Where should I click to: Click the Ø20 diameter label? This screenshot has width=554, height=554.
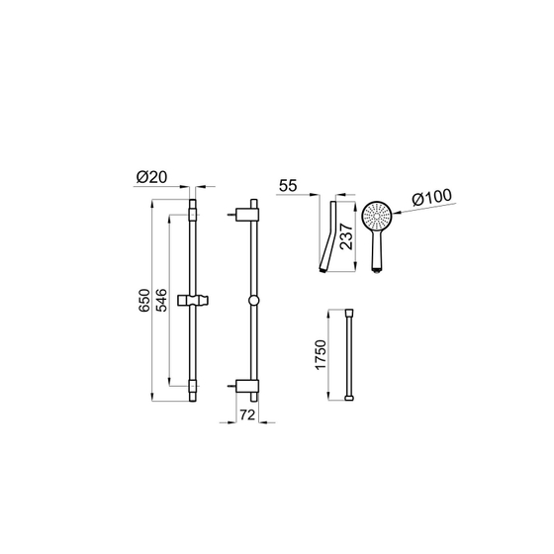pyautogui.click(x=151, y=177)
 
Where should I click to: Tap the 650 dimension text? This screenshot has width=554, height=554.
pyautogui.click(x=144, y=301)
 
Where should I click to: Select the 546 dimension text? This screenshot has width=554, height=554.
pyautogui.click(x=161, y=300)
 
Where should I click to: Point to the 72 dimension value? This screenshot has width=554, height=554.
pyautogui.click(x=247, y=415)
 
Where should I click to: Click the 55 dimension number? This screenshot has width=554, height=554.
pyautogui.click(x=288, y=186)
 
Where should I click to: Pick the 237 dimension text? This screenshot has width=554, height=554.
pyautogui.click(x=346, y=236)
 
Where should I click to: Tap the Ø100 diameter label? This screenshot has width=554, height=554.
pyautogui.click(x=431, y=198)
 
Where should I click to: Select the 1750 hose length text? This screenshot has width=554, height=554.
pyautogui.click(x=321, y=355)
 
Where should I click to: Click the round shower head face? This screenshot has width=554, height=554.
pyautogui.click(x=377, y=216)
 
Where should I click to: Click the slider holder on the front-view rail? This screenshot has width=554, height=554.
pyautogui.click(x=193, y=300)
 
